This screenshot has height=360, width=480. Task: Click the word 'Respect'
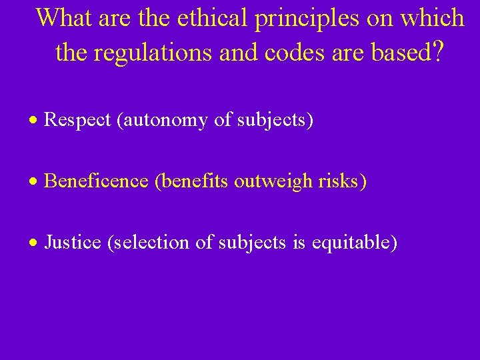pyautogui.click(x=77, y=121)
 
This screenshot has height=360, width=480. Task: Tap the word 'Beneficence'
pyautogui.click(x=96, y=181)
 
